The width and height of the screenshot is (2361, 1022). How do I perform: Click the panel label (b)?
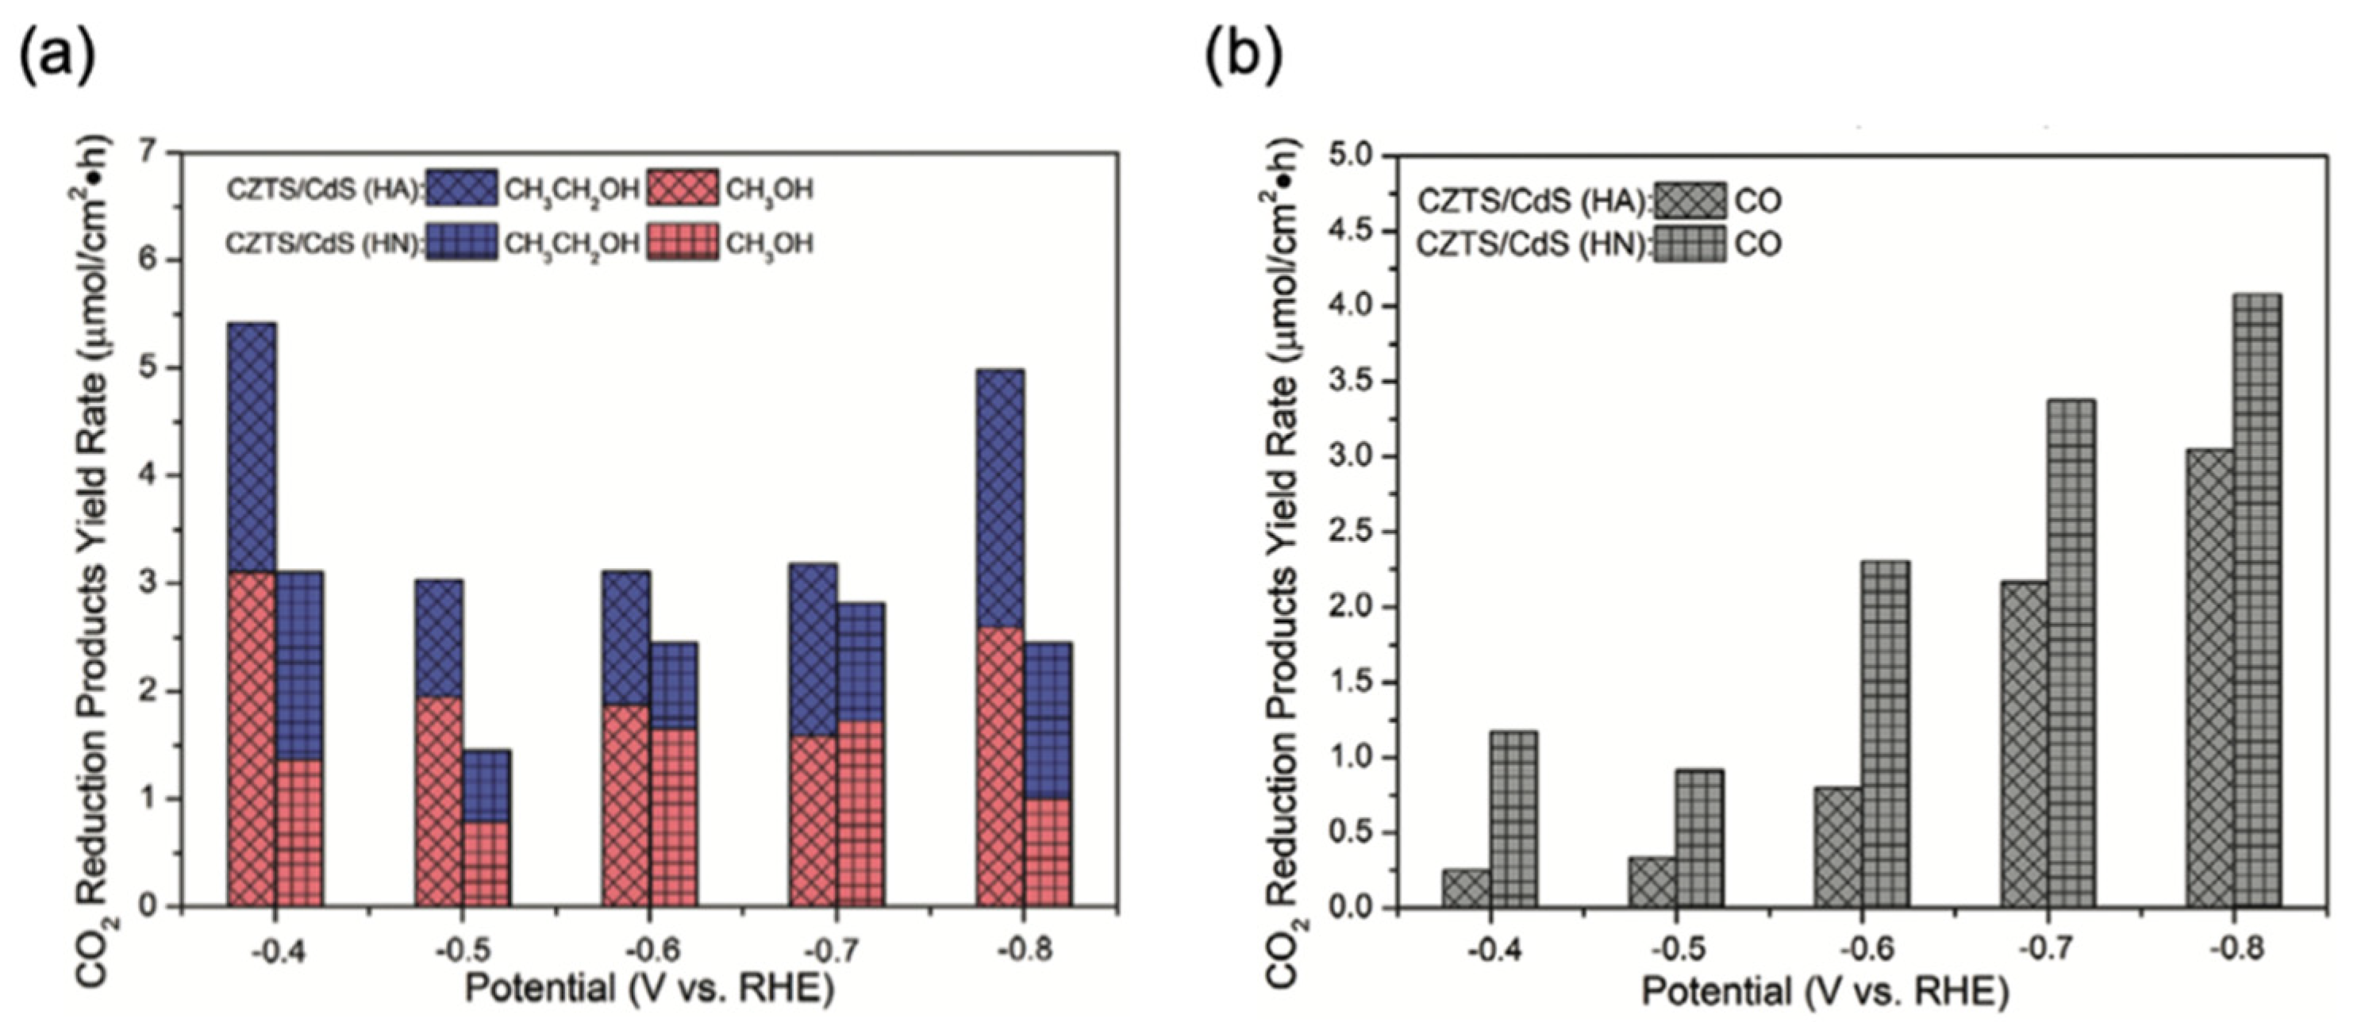click(1243, 57)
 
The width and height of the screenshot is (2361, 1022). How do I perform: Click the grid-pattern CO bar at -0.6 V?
click(1886, 734)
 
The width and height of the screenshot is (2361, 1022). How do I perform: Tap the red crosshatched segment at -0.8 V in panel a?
click(1000, 766)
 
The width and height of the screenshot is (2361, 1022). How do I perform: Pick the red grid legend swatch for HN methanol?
click(684, 242)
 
